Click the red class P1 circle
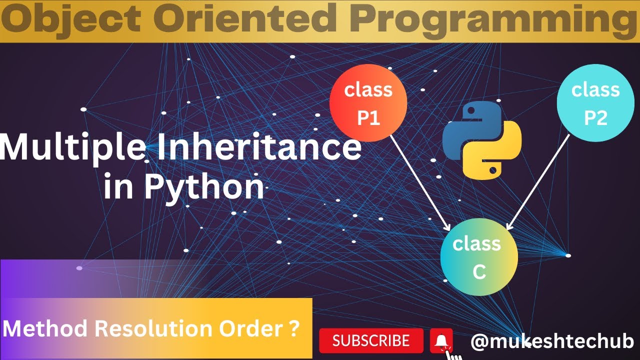pyautogui.click(x=368, y=103)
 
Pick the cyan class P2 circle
pyautogui.click(x=595, y=103)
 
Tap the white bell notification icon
pyautogui.click(x=441, y=340)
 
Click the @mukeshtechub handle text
pyautogui.click(x=552, y=341)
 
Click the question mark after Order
pyautogui.click(x=294, y=328)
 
